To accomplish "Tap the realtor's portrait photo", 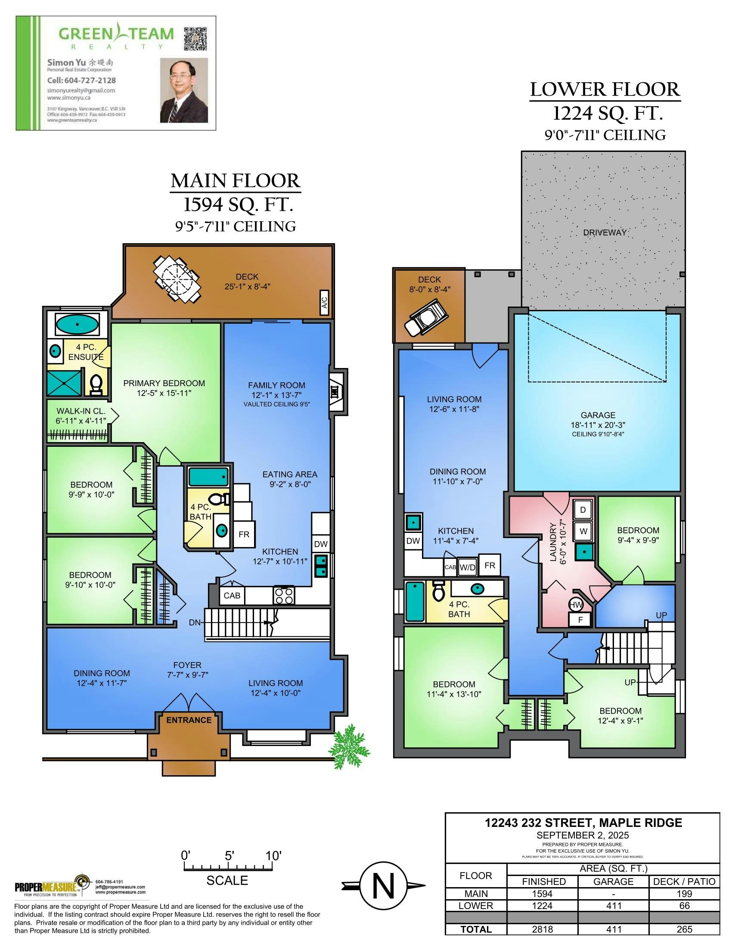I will click(184, 90).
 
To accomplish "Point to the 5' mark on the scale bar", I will click(230, 857).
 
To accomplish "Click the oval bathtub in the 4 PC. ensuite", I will click(77, 324).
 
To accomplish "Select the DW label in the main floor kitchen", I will click(320, 544).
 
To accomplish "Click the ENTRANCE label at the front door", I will click(189, 720).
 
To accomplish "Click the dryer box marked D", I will click(583, 510).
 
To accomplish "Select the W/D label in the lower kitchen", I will click(467, 567).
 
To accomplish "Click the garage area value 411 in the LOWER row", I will click(613, 906).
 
